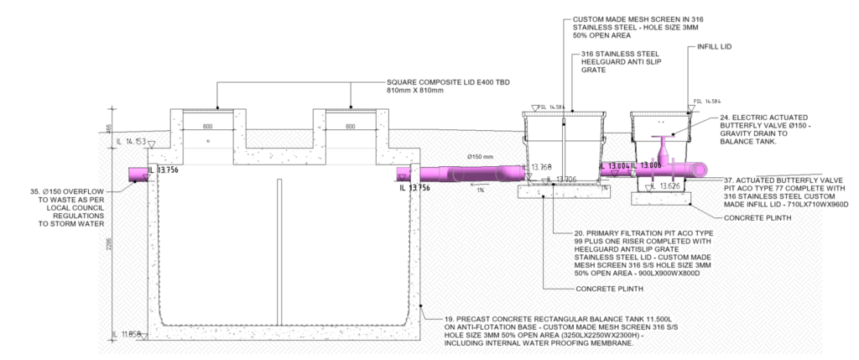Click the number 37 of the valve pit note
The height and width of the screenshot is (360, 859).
tap(730, 180)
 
